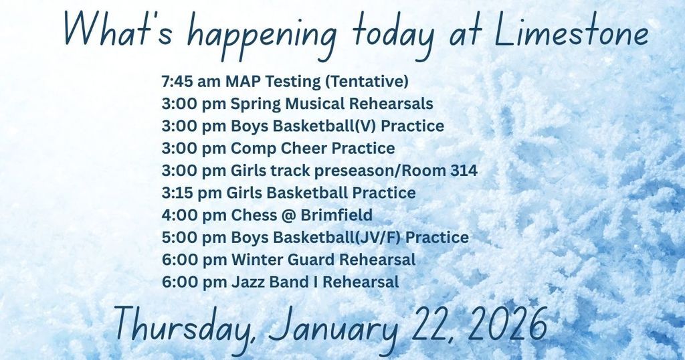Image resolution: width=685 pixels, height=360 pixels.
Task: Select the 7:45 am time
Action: pos(191,81)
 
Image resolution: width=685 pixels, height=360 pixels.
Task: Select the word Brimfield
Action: pos(336,215)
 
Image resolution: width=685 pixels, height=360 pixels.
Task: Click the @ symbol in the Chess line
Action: pos(289,215)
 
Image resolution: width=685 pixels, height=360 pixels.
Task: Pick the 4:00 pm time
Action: pos(194,215)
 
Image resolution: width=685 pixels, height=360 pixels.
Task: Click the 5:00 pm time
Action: pos(194,238)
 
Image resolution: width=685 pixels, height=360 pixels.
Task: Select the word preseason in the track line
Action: pos(354,171)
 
